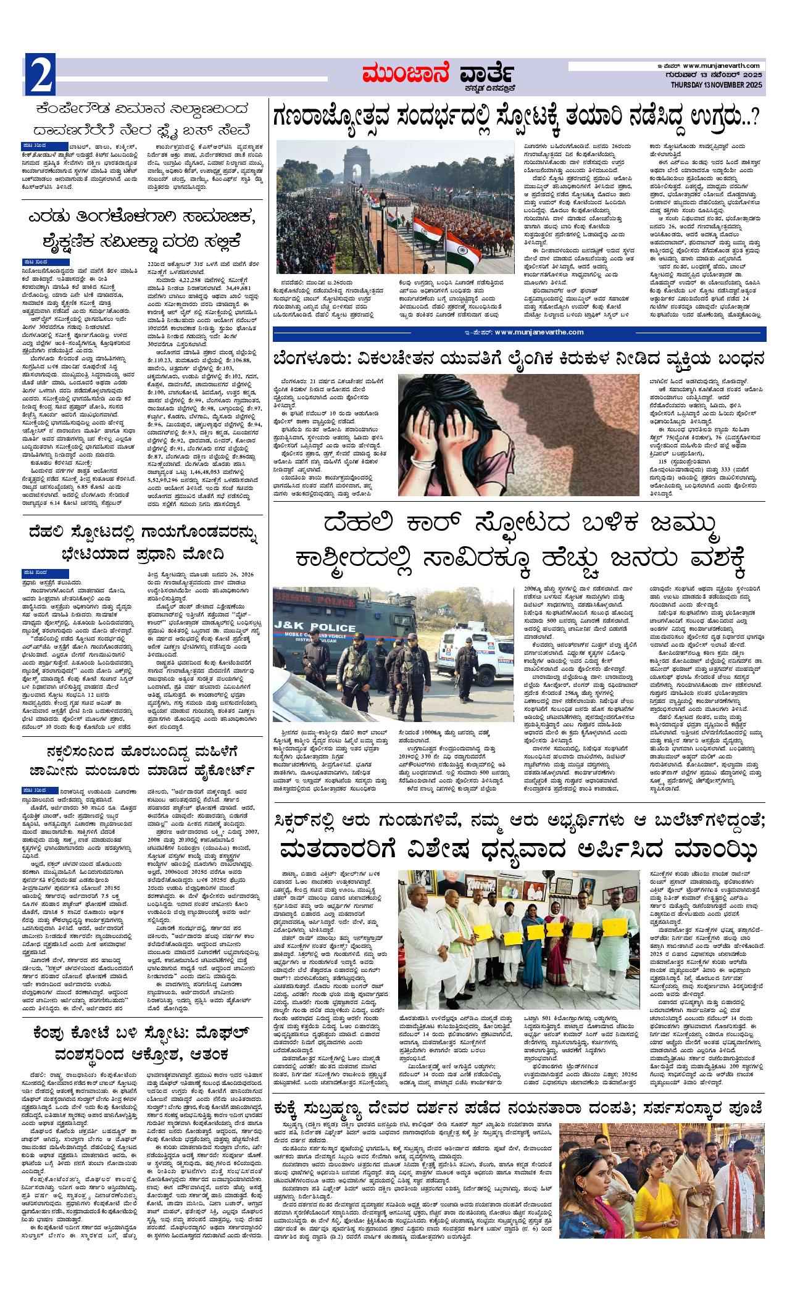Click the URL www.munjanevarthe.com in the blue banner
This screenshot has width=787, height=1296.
[x=538, y=333]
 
